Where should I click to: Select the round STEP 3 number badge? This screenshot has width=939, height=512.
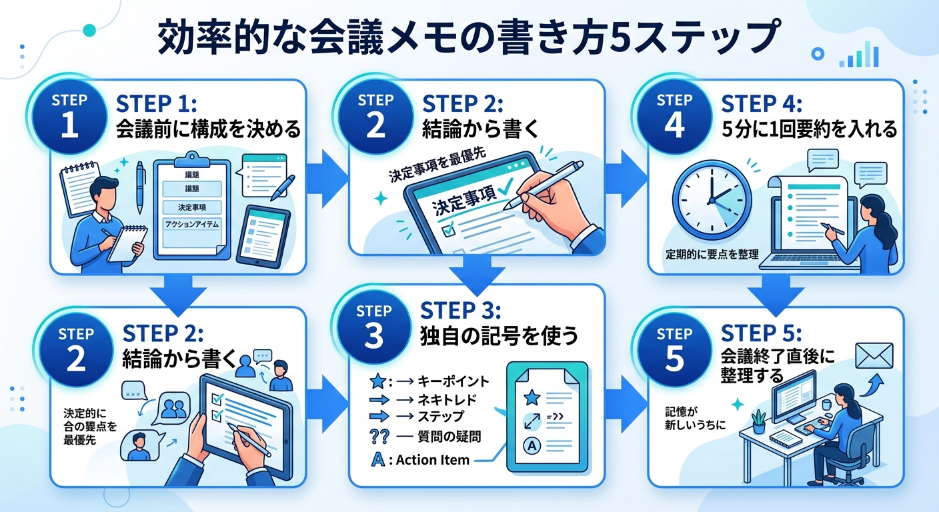pos(374,327)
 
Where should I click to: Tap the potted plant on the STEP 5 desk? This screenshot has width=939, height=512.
pos(758,421)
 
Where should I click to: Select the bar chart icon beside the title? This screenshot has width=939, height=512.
pos(859,55)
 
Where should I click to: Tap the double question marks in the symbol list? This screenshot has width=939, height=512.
pos(379,437)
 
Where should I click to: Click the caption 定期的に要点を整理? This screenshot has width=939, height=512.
pos(711,256)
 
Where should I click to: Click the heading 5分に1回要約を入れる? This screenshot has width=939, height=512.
pos(811,129)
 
